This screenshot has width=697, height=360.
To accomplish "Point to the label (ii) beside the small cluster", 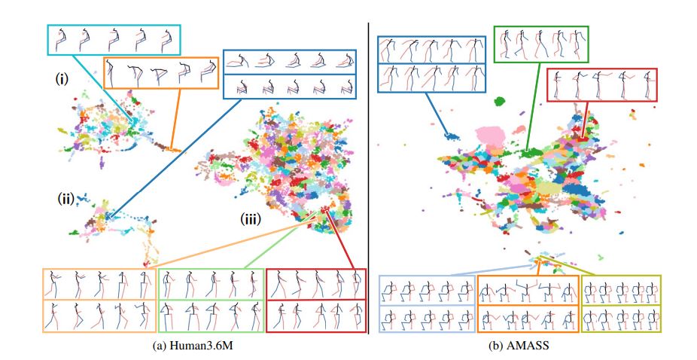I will coord(65,199).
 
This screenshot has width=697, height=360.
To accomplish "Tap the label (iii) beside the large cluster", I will coord(251,221).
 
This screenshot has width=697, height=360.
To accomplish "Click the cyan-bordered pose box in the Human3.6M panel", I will coord(114,39).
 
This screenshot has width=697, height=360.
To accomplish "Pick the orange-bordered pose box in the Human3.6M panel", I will coord(159,73).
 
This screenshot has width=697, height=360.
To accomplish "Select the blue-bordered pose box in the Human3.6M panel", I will coord(291,74).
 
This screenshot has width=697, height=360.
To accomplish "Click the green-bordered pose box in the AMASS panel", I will coord(540,44).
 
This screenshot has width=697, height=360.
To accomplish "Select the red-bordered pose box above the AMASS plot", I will coord(601,84).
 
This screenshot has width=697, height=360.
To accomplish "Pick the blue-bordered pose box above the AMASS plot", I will coord(432,66).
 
